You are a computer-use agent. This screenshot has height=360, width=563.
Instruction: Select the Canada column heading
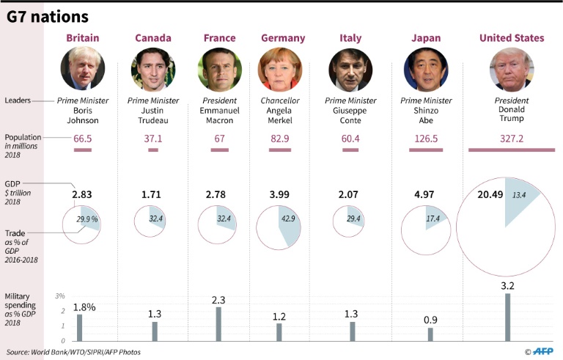tap(154, 38)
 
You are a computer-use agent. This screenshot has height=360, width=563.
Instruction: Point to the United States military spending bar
tap(507, 317)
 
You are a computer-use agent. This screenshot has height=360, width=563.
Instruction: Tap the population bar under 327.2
tap(511, 150)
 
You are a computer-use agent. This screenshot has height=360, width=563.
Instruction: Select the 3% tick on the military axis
tap(60, 295)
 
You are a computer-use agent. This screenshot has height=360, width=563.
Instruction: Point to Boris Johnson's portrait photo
tap(83, 70)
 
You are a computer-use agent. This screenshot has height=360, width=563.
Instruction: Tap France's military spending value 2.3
tap(219, 298)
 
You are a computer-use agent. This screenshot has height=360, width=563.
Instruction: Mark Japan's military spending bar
tap(430, 334)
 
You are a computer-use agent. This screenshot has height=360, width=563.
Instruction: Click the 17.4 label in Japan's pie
tap(433, 219)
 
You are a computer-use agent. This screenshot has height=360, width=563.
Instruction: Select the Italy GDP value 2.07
tap(351, 195)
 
